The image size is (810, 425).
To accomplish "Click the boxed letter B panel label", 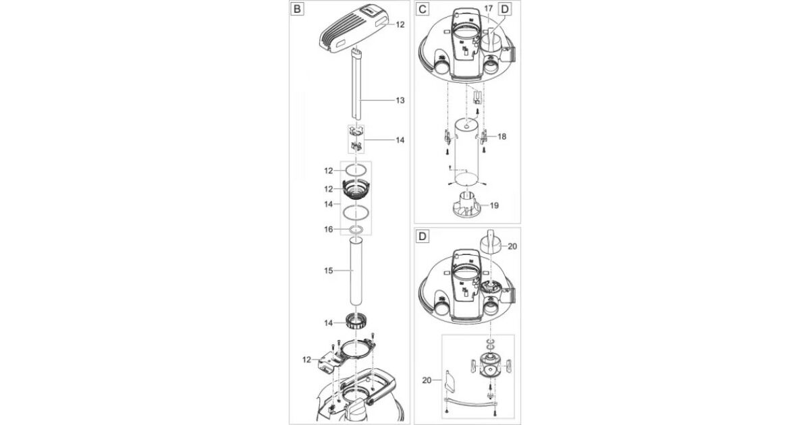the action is (x=297, y=9).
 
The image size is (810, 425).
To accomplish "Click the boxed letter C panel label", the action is (x=422, y=9).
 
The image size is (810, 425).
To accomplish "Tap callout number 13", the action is (x=400, y=100).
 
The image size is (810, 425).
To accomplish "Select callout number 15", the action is (x=328, y=271).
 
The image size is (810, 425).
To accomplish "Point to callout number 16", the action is (x=328, y=229).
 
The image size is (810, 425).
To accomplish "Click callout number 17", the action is (x=488, y=8).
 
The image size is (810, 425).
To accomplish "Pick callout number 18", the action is (x=502, y=136).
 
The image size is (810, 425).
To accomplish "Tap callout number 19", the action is (x=494, y=205).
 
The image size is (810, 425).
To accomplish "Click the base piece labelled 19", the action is (x=467, y=205).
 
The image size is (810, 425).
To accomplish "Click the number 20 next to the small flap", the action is (x=427, y=380).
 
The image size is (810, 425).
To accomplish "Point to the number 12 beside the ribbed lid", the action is (x=400, y=24).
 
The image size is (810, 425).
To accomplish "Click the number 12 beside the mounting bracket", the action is (x=306, y=360).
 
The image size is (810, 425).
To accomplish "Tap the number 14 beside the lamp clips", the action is (x=400, y=140).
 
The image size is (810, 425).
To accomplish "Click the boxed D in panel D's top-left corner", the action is (x=422, y=237).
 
